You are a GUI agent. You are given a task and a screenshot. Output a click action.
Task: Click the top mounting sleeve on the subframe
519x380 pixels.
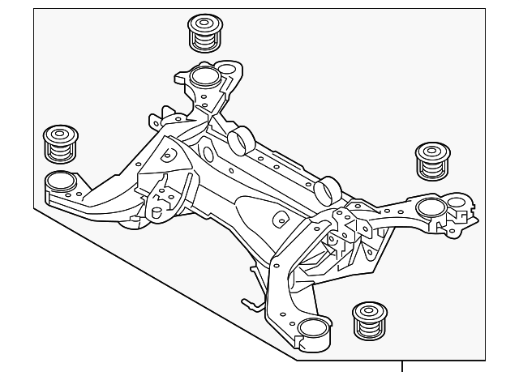(204, 79)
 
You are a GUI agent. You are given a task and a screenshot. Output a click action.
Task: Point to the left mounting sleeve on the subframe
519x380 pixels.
(58, 180)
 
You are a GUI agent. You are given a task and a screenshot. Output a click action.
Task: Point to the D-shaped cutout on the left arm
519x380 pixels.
(169, 152)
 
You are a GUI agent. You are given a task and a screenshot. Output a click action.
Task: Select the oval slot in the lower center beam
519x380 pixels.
(280, 220)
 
